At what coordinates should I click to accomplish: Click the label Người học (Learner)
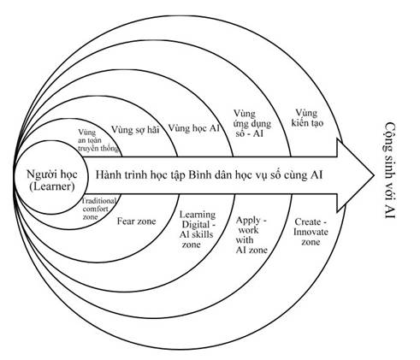coord(51,180)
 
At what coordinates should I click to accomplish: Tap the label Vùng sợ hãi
coord(135,130)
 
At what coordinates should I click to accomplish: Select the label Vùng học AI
coord(194,128)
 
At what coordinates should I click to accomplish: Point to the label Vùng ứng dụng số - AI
coord(252,123)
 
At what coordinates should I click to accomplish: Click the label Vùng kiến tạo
coord(307,118)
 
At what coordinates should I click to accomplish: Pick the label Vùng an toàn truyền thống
coord(98,140)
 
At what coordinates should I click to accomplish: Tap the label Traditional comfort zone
coord(99,209)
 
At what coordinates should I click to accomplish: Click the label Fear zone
coord(137,221)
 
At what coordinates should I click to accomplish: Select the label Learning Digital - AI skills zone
coord(198,229)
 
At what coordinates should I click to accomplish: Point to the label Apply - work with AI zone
coord(251,235)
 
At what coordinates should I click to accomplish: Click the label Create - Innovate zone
coord(311,232)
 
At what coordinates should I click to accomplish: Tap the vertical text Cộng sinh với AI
coord(390,170)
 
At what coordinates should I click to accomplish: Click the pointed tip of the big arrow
coord(374,175)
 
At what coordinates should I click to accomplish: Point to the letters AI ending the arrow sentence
coord(316,174)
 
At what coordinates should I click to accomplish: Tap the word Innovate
coord(311,232)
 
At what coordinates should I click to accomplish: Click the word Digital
coord(197,225)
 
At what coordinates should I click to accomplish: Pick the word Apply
coord(248,221)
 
